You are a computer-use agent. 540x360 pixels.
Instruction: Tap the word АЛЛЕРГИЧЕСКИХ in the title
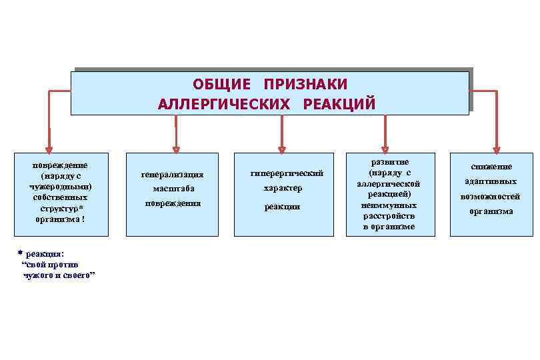224,105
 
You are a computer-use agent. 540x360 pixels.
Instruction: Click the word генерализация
172,175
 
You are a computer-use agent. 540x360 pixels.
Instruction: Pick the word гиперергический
287,173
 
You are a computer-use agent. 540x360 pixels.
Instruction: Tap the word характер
283,189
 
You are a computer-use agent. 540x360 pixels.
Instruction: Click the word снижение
491,167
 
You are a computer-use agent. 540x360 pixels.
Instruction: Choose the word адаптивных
491,181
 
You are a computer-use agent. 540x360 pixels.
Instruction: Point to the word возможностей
491,197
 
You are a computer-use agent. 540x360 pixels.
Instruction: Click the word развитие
389,162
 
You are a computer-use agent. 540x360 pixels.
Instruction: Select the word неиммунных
389,205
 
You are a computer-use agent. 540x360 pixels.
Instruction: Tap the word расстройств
389,216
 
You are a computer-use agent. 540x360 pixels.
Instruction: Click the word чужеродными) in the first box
61,187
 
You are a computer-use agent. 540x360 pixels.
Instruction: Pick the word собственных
61,197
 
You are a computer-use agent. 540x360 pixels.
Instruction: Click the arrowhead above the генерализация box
176,149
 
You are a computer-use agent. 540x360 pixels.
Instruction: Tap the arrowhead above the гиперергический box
282,149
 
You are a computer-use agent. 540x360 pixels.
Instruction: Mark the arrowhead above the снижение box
496,149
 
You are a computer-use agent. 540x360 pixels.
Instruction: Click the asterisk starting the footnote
20,253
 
